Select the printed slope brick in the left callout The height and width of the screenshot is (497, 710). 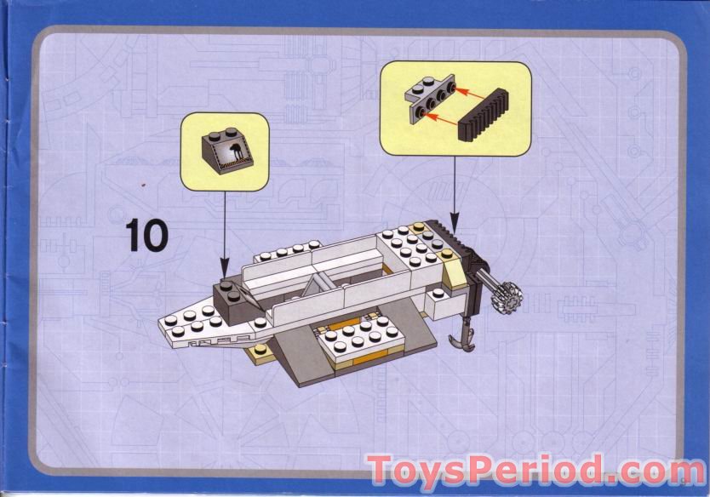(x=226, y=151)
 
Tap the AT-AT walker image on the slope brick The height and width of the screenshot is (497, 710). (x=230, y=154)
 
